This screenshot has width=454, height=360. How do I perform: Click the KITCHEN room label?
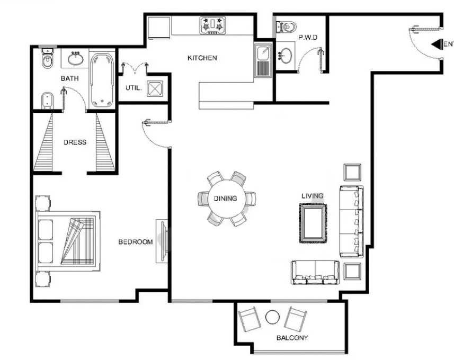[x=202, y=58]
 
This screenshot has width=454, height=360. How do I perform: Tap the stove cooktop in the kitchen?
[x=212, y=26]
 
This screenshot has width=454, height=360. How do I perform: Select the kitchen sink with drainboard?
[x=263, y=61]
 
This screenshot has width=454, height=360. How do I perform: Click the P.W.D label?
[x=308, y=38]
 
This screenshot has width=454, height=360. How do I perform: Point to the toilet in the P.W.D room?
[x=286, y=27]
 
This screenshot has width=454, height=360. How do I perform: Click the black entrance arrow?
[x=437, y=44]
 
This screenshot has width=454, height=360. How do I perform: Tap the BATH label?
[x=69, y=78]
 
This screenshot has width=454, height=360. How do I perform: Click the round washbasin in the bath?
[x=76, y=59]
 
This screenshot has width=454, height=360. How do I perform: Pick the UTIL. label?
[x=133, y=88]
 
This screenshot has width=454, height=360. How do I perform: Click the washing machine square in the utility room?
[x=155, y=88]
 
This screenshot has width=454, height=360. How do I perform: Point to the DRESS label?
[x=75, y=142]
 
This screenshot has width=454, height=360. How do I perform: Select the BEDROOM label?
[x=136, y=241]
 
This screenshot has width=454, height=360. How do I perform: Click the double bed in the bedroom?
[x=68, y=241]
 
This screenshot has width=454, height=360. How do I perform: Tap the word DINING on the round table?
[x=225, y=199]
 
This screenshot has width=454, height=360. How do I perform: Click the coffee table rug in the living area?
[x=313, y=223]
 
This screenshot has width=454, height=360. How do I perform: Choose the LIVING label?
[x=313, y=196]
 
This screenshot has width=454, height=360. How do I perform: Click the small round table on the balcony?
[x=272, y=318]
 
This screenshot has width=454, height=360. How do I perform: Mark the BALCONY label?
[x=292, y=338]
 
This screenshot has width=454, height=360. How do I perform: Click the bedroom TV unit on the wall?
[x=162, y=241]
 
